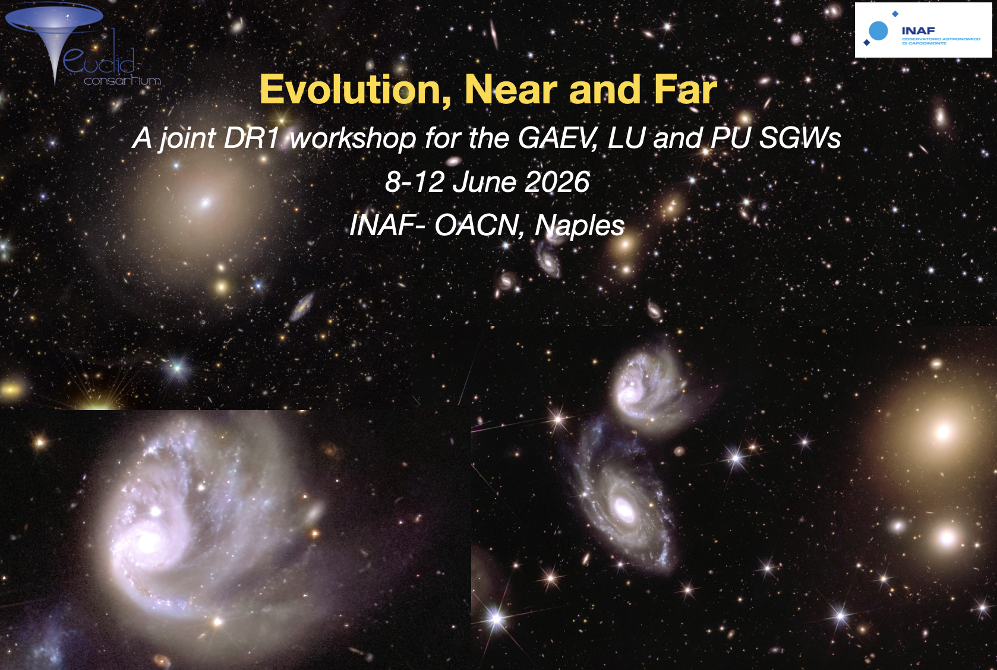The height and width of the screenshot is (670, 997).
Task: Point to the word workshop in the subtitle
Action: coord(352,138)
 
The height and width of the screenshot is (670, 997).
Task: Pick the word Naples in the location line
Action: coord(579,225)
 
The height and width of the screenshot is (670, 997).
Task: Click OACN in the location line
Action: coord(478,225)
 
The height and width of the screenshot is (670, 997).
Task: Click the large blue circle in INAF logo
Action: coord(878,30)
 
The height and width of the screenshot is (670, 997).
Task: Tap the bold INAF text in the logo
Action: coord(918,30)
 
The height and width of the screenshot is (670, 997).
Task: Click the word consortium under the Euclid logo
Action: coord(122,80)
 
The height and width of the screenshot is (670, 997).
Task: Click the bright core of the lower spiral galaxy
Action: coord(624,508)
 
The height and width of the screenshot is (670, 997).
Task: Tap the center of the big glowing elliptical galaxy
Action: coord(943,432)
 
